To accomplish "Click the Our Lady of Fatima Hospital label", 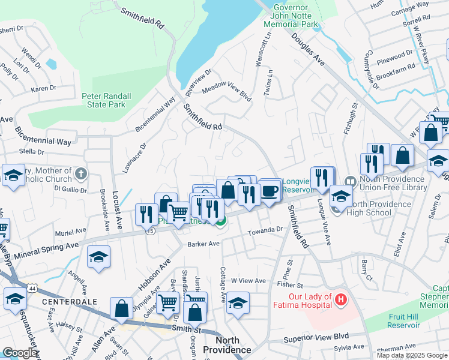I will click(303, 301).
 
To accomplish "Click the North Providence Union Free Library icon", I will click(350, 181).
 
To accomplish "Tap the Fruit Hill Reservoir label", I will click(395, 321).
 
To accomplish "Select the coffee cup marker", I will click(270, 191).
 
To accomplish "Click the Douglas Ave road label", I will click(308, 49).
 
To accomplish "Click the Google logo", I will click(20, 353).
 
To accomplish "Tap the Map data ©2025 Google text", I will click(411, 355).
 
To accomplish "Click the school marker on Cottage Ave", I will click(238, 303).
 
